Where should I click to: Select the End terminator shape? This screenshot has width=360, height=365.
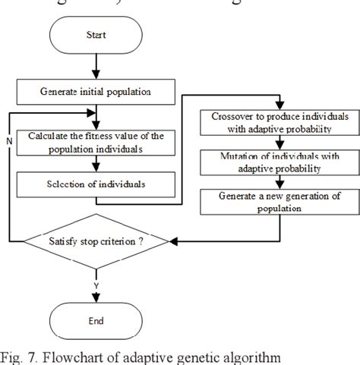click(96, 321)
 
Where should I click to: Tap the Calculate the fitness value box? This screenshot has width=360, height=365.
click(96, 142)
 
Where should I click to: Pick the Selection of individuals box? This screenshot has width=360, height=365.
click(96, 183)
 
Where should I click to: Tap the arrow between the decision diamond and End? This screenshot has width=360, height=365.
click(96, 287)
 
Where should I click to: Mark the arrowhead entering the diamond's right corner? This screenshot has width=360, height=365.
click(173, 243)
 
